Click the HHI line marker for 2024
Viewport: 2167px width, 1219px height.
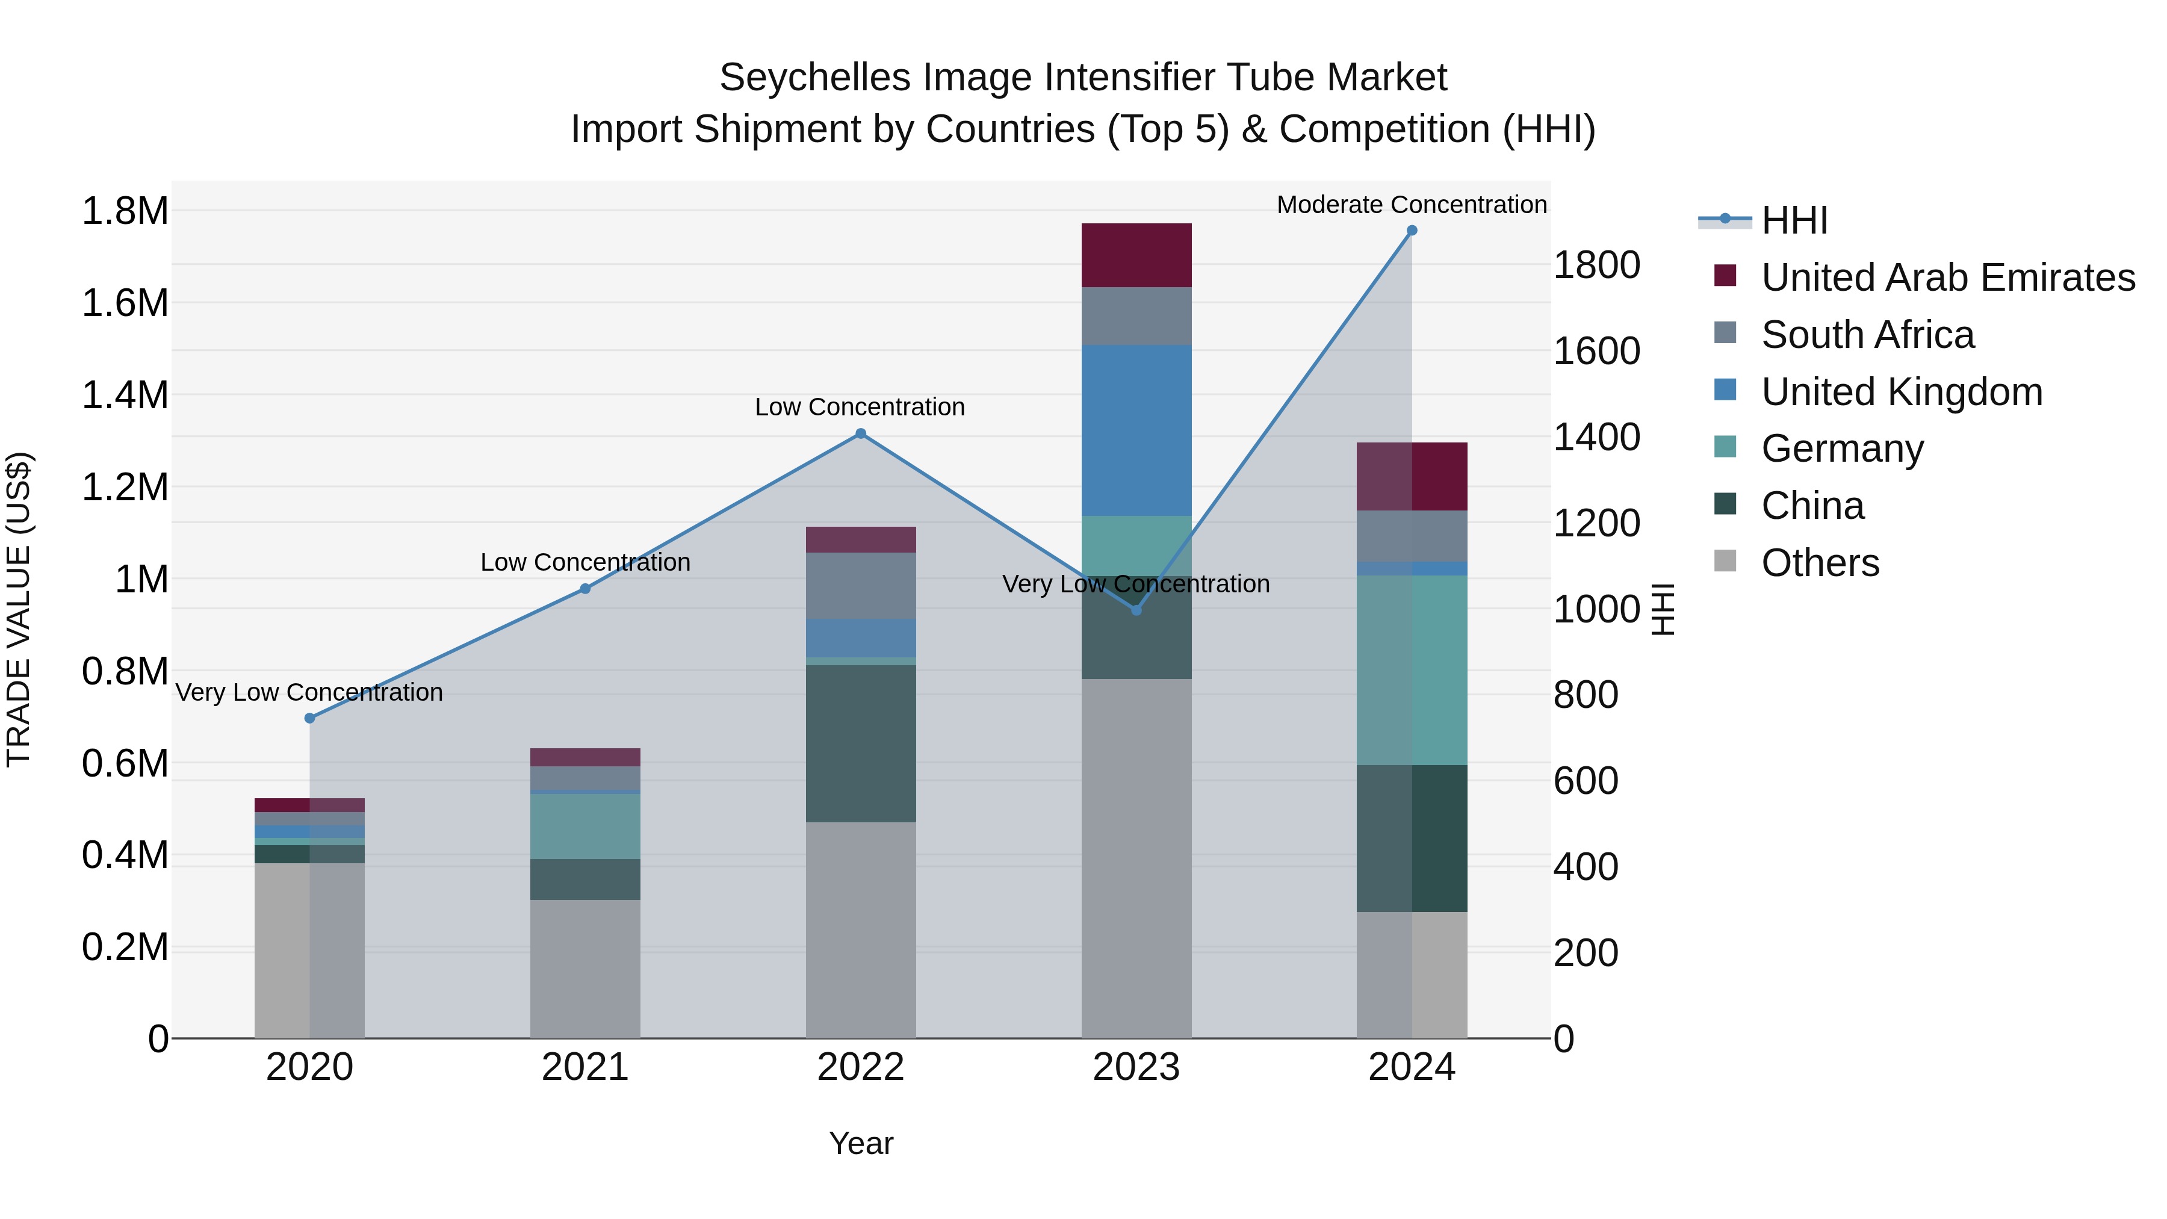1412,231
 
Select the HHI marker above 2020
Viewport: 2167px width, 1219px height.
309,718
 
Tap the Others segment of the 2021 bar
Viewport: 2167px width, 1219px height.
584,969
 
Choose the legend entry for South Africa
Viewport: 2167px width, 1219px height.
1867,335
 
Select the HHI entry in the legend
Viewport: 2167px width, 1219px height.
1794,220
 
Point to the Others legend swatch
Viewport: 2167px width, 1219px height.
1725,561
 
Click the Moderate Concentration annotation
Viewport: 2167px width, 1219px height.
1412,205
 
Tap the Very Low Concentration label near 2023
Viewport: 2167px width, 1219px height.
1136,584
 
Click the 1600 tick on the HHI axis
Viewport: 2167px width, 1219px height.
1596,351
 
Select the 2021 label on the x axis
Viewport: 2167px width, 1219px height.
584,1067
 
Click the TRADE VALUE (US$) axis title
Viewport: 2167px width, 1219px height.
19,609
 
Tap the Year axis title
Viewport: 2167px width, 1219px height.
861,1143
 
